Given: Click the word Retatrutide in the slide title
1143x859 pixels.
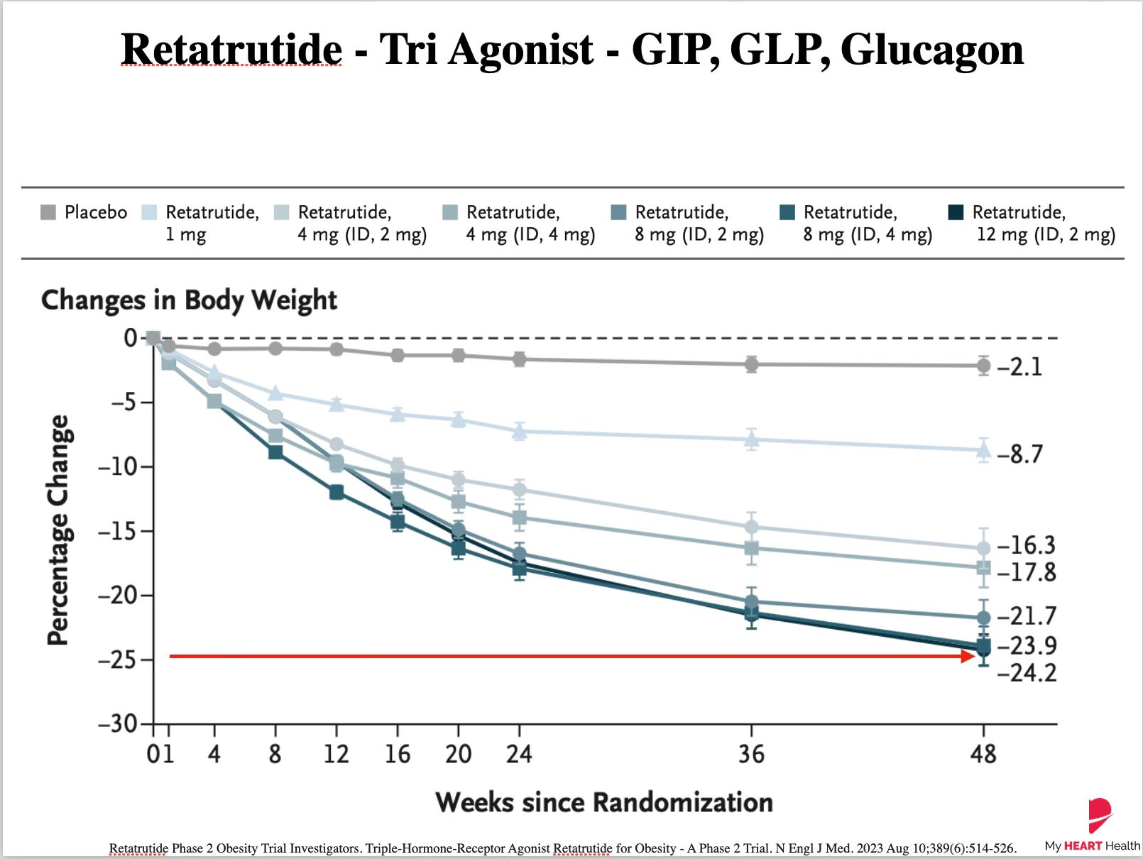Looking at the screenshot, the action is tap(231, 50).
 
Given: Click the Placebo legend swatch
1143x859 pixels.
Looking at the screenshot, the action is tap(48, 212).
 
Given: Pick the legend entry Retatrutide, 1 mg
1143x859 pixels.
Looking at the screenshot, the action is tap(200, 224).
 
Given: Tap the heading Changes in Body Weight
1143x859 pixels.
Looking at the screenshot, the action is tap(189, 300).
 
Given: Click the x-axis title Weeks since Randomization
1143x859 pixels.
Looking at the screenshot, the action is tap(604, 801).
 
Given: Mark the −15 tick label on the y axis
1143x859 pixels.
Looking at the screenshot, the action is tap(119, 531).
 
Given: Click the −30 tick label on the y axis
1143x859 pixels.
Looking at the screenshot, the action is tap(119, 723).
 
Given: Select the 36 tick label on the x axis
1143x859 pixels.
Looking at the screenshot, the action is tap(751, 754).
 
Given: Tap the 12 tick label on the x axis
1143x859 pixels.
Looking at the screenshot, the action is tap(337, 754).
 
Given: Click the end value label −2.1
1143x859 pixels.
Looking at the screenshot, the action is tap(1019, 367).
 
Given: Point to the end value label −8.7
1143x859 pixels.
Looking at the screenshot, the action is tap(1019, 454).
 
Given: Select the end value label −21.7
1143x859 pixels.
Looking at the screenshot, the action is tap(1027, 616).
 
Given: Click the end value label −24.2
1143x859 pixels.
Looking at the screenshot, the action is tap(1027, 673).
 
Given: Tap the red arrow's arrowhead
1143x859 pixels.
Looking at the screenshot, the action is tap(968, 656).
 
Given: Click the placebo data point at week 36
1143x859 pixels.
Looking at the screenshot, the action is tap(751, 364).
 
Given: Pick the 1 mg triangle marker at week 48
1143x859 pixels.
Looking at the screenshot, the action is tap(983, 450).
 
